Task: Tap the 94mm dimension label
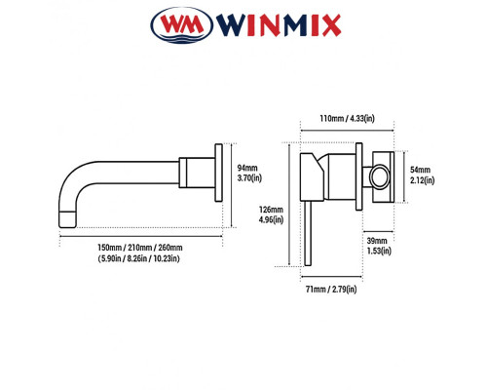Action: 248,167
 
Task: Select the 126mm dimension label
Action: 272,208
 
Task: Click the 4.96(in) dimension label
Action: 272,220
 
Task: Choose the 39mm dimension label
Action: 378,240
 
